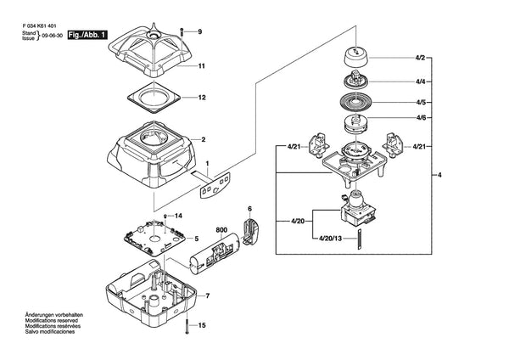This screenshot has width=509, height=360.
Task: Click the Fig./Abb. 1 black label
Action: (87, 35)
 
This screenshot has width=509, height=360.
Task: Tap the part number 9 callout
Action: (200, 31)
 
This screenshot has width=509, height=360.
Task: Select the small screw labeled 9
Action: (182, 32)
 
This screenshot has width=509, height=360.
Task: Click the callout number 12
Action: (202, 98)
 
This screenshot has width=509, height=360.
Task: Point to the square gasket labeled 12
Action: (154, 97)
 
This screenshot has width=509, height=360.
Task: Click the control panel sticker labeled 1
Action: (215, 186)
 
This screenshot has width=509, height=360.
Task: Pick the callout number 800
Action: (221, 230)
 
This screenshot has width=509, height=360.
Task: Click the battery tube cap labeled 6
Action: (250, 231)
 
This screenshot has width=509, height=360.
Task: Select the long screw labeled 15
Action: (187, 325)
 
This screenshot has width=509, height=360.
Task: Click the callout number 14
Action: (178, 216)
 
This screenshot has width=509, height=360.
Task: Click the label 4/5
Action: (421, 103)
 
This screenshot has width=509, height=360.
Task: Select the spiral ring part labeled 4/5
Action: (355, 103)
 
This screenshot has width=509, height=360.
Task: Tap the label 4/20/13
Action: (330, 238)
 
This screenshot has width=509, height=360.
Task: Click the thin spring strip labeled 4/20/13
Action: (360, 239)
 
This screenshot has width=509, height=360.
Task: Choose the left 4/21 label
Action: (294, 147)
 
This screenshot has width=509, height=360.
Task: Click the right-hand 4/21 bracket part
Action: (394, 145)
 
